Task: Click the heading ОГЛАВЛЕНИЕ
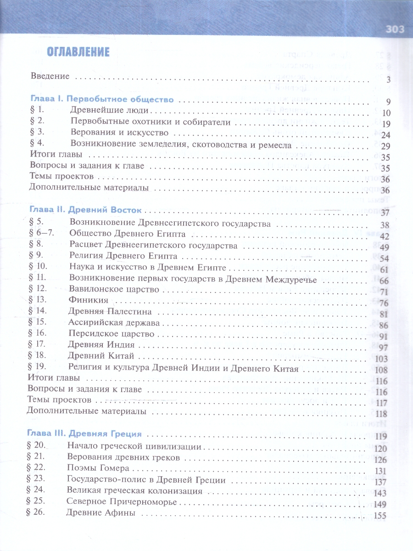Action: [x=78, y=52]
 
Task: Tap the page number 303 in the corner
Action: [x=394, y=30]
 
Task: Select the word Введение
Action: [x=50, y=76]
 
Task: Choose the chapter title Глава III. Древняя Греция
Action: [x=84, y=433]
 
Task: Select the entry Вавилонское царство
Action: [x=114, y=290]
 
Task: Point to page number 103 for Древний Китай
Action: [x=381, y=359]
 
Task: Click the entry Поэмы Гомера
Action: [x=98, y=469]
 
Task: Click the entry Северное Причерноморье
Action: [x=121, y=502]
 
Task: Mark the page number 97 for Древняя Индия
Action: [x=383, y=348]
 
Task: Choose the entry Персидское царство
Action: [x=111, y=334]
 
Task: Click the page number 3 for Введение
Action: [x=388, y=80]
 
